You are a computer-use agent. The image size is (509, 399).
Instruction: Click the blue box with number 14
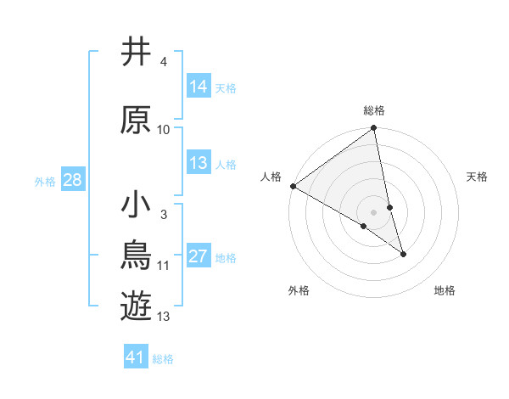click(x=199, y=87)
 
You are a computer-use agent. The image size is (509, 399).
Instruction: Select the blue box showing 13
click(x=199, y=163)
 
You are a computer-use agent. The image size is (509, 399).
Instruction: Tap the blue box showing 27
click(x=199, y=256)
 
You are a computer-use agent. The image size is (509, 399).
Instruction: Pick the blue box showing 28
click(x=72, y=180)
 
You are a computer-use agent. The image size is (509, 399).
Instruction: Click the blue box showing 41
click(x=136, y=357)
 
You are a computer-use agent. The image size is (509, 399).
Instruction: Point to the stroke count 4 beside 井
click(x=163, y=62)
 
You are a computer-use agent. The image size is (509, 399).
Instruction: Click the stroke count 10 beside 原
click(x=164, y=130)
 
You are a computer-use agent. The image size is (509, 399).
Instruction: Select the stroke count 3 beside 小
click(x=163, y=215)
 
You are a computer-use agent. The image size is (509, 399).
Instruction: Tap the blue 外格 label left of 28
click(x=44, y=181)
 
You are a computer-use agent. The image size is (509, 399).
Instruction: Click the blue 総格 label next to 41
click(x=163, y=359)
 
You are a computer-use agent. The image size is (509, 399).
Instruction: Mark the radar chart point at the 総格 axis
click(x=374, y=129)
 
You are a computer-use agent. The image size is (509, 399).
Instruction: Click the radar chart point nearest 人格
click(x=293, y=186)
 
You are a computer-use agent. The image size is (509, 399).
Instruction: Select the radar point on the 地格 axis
click(x=403, y=254)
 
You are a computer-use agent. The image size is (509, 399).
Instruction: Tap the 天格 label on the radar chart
click(x=477, y=177)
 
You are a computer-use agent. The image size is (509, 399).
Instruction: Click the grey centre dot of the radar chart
click(x=373, y=211)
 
